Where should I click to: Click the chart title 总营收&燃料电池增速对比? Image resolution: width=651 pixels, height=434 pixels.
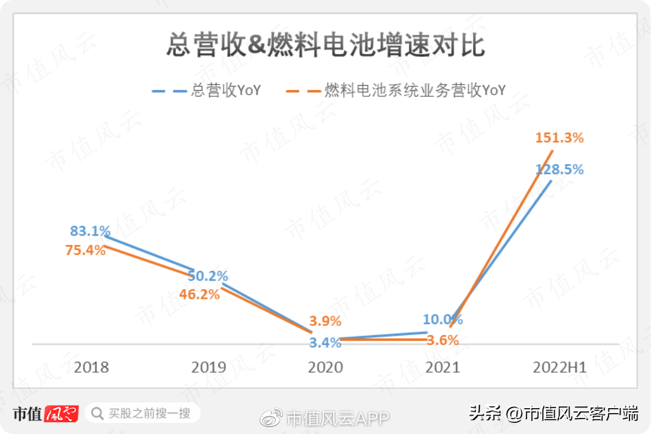click(326, 45)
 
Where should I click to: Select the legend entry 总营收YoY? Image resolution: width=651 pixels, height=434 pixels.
click(206, 90)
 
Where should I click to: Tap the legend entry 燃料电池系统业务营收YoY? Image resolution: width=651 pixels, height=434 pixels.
click(396, 90)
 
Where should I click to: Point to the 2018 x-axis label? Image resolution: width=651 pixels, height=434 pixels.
click(91, 367)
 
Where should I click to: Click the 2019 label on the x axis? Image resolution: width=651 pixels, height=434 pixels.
click(209, 367)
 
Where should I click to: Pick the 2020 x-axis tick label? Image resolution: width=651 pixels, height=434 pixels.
click(326, 367)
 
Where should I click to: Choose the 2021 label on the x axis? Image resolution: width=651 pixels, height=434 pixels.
click(442, 367)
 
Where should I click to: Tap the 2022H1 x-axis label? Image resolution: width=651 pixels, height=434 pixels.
click(560, 367)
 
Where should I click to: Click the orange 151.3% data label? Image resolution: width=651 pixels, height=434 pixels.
click(559, 138)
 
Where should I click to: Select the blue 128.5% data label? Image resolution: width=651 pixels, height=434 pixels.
click(559, 169)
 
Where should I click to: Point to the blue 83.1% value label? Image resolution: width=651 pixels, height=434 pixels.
click(90, 230)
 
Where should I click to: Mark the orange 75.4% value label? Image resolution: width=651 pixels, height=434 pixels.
click(86, 250)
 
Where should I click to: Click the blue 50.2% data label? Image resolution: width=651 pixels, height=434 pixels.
click(207, 276)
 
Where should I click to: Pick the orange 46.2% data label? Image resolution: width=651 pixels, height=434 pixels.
click(199, 294)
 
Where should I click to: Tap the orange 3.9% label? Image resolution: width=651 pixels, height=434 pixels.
click(325, 320)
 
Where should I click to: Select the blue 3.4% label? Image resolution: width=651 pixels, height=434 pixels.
click(325, 343)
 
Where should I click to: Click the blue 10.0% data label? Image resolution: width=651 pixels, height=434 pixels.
click(442, 319)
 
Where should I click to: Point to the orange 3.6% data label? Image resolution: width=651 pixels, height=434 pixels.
click(442, 340)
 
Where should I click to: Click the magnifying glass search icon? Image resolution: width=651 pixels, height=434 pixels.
click(97, 414)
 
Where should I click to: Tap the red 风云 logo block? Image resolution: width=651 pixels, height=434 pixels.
click(62, 414)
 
